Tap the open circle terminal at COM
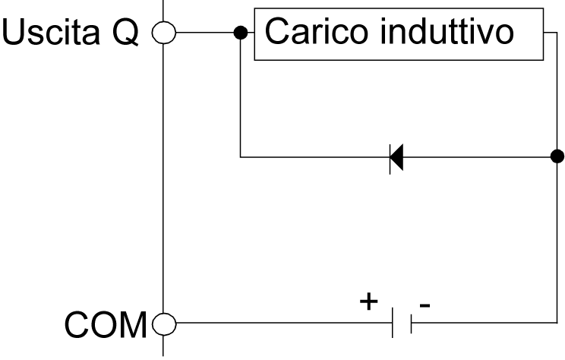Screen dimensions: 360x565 [x=163, y=327]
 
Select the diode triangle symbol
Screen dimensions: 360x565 [x=397, y=157]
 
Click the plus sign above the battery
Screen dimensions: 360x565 [x=368, y=302]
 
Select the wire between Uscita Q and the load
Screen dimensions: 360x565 [x=205, y=33]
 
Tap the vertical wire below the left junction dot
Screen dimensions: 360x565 [x=240, y=99]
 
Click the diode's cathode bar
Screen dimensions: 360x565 [x=390, y=157]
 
